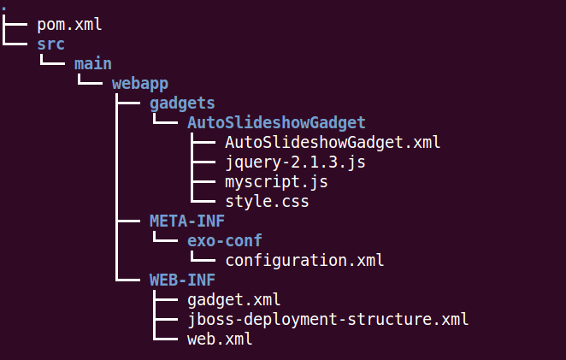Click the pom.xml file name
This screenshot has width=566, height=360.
point(69,25)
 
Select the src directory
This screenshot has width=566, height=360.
point(51,44)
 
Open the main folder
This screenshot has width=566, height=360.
point(93,64)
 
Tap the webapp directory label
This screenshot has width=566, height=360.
point(140,84)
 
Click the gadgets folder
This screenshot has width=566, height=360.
point(182,103)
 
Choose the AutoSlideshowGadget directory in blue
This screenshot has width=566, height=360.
point(276,123)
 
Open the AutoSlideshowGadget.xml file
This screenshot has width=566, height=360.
point(333,143)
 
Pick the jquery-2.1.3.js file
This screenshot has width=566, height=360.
point(295,162)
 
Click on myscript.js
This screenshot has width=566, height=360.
point(276,182)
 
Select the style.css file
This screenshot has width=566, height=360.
point(267,202)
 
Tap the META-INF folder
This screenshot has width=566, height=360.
point(187,221)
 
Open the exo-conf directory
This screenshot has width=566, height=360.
point(225,240)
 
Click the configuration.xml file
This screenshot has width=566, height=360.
point(304,260)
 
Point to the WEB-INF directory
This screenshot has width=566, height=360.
point(182,280)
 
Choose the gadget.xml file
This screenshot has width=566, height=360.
point(234,299)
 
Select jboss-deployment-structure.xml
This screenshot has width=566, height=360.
point(328,320)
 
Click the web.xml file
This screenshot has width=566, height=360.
point(220,339)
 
